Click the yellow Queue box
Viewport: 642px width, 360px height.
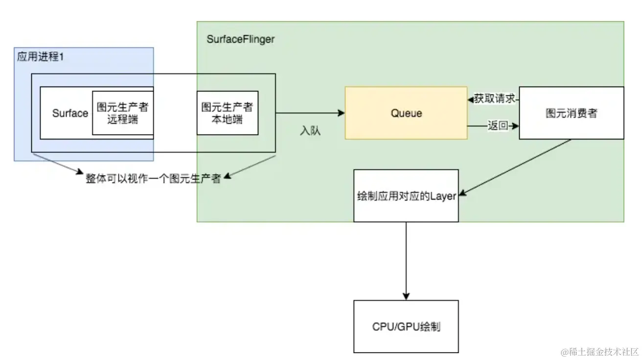[406, 113]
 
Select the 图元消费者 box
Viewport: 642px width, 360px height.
[571, 113]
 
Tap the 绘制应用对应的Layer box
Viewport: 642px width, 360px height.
[406, 196]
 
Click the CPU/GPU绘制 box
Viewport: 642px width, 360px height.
[406, 326]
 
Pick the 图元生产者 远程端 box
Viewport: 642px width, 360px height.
[123, 112]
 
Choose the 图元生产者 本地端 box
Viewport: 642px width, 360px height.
[227, 112]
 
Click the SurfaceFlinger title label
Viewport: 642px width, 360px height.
[240, 39]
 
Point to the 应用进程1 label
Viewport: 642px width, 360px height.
[41, 56]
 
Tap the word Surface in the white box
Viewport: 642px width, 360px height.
[70, 113]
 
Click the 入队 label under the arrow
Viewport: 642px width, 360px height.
[310, 131]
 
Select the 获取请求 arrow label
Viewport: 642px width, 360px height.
[494, 99]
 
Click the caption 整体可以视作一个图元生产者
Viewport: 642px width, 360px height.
[153, 179]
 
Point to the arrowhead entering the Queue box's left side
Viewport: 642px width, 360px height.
[342, 113]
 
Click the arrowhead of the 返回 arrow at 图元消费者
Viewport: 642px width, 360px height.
[515, 126]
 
